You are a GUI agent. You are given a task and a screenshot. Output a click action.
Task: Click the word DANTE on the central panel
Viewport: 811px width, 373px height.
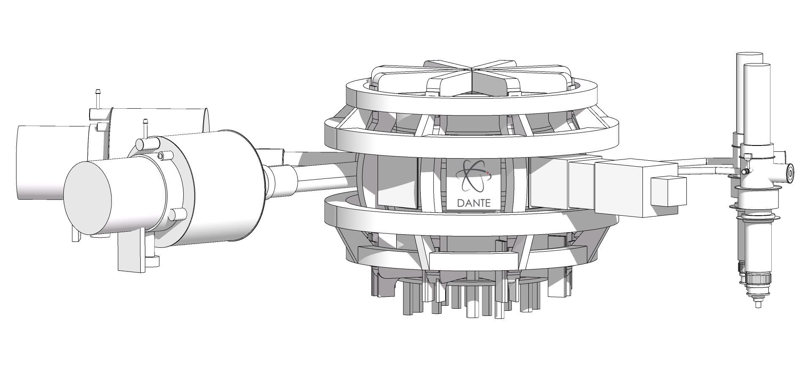click(x=474, y=203)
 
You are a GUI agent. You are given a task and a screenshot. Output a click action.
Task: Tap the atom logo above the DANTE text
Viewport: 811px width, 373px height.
click(x=474, y=175)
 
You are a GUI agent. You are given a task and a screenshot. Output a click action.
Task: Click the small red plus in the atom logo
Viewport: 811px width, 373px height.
click(x=487, y=173)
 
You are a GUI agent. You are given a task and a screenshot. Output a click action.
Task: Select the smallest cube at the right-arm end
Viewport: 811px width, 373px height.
click(x=667, y=191)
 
